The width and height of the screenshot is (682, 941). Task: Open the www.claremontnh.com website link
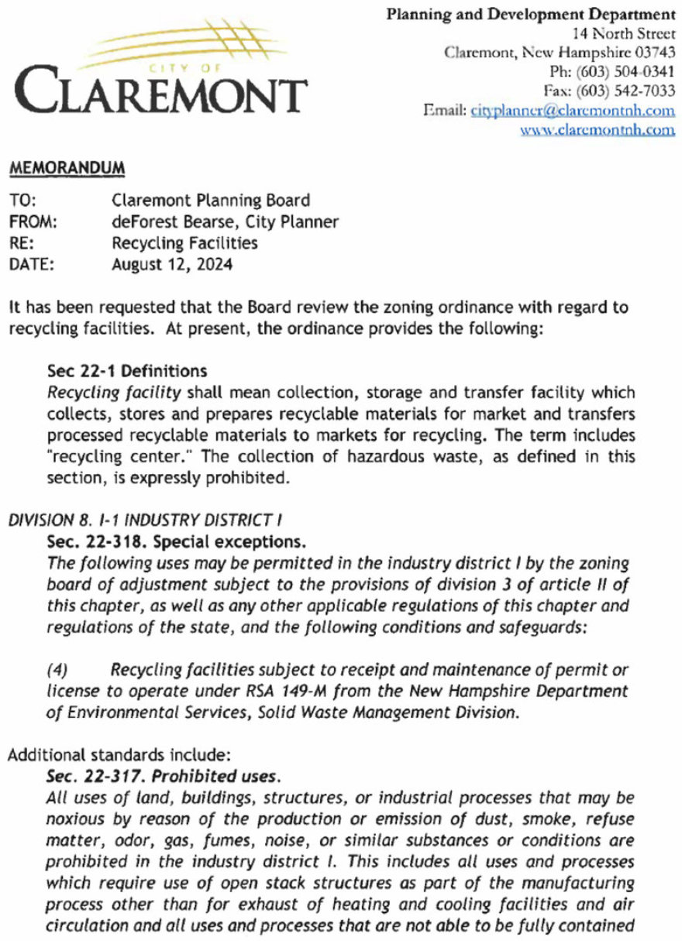click(x=597, y=130)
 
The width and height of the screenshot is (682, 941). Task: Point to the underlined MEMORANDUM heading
click(x=67, y=167)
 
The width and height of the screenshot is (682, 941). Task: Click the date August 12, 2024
click(x=171, y=264)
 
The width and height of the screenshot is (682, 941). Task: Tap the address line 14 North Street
click(x=623, y=33)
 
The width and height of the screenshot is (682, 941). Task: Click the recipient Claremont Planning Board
click(x=211, y=201)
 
